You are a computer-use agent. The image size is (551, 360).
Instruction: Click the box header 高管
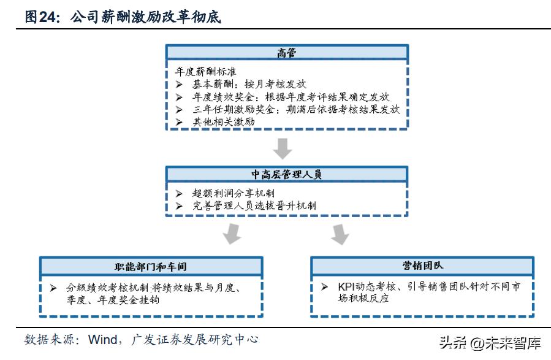click(x=286, y=53)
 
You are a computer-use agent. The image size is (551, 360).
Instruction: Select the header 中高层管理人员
click(x=286, y=175)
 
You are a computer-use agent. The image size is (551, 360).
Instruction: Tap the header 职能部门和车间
click(x=152, y=266)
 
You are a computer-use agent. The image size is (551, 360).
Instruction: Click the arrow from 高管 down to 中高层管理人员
click(x=283, y=148)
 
